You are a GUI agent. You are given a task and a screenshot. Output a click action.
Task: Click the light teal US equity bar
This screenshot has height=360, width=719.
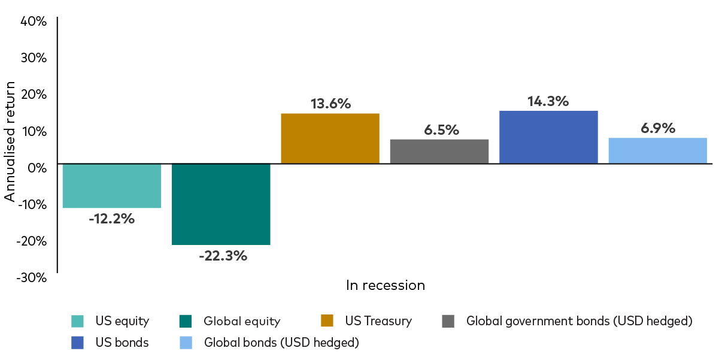[112, 186]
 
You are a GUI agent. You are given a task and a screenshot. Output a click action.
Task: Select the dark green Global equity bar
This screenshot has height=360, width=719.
[221, 204]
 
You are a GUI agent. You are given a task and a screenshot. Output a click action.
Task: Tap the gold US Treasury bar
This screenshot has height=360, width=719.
[330, 138]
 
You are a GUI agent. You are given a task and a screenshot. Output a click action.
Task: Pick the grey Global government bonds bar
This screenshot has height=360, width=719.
[439, 151]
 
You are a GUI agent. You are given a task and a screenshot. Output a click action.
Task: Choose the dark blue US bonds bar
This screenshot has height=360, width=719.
[548, 137]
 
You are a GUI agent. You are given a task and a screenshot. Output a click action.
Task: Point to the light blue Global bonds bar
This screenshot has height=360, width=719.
[657, 150]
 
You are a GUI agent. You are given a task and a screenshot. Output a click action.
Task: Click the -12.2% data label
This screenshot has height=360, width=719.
[112, 219]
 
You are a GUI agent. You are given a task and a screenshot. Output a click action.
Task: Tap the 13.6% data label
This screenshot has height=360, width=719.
[330, 103]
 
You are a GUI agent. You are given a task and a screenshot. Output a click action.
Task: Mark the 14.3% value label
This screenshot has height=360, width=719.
[548, 101]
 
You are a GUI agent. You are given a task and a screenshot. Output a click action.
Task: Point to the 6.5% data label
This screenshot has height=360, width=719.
[441, 130]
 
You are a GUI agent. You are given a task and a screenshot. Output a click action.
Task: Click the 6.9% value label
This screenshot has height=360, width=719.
[657, 128]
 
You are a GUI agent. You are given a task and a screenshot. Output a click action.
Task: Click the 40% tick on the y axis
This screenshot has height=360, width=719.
[34, 22]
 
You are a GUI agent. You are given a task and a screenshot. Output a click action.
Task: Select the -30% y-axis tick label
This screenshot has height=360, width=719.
[32, 277]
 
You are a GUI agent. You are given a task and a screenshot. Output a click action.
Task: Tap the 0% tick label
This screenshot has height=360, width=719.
[37, 168]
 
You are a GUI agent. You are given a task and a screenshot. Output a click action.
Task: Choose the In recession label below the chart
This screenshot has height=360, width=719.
[386, 285]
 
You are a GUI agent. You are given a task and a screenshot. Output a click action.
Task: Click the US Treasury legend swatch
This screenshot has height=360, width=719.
[327, 321]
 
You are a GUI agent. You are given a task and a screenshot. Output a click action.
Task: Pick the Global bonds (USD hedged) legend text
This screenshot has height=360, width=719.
[281, 343]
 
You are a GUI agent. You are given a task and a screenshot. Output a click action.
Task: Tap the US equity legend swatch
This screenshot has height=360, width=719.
[77, 321]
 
